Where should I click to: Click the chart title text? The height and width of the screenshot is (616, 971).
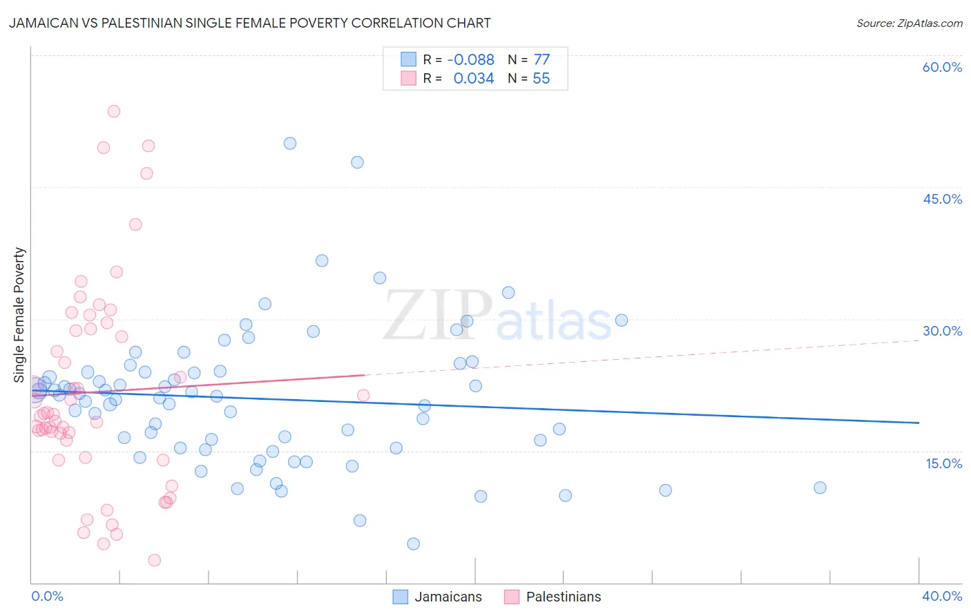(x=249, y=23)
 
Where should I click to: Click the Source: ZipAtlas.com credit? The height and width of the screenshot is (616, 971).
(x=909, y=23)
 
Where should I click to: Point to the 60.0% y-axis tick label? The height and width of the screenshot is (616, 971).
(x=942, y=67)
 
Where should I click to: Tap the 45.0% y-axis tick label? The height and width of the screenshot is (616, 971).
(x=942, y=199)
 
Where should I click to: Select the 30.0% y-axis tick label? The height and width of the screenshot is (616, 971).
(x=942, y=331)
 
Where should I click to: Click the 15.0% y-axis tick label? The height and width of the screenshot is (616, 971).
(x=943, y=463)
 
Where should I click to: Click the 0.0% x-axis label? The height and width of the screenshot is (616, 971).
(x=47, y=596)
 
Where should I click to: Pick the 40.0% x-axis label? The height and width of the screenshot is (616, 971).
(x=941, y=596)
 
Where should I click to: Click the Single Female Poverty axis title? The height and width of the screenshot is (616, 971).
(x=19, y=315)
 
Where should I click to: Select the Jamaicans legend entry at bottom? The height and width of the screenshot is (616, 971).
(x=437, y=597)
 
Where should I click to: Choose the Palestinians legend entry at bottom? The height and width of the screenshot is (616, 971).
(x=552, y=597)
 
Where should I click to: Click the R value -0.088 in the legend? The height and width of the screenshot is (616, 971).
(x=470, y=60)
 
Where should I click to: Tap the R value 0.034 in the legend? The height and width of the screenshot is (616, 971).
(x=473, y=79)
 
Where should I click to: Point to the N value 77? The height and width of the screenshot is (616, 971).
(x=541, y=60)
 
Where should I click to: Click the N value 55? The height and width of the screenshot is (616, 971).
(x=541, y=79)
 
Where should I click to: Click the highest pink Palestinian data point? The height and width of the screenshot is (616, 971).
(x=114, y=111)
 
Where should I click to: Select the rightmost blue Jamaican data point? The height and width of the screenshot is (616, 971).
(x=820, y=488)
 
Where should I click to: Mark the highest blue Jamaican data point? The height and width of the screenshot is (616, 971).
(x=290, y=143)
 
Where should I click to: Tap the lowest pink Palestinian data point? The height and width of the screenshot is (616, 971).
(x=155, y=560)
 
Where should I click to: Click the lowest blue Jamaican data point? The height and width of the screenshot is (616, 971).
(x=413, y=543)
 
